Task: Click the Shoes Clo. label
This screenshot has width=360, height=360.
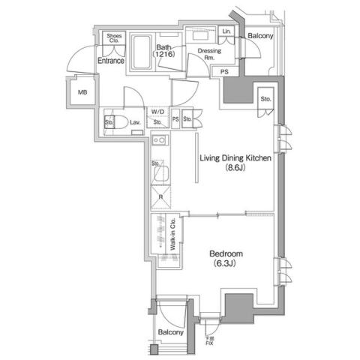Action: coord(115,39)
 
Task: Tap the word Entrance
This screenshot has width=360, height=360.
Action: coord(110,61)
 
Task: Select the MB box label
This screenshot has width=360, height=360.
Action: coord(82,93)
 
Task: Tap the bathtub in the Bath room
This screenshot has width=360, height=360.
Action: coord(142,52)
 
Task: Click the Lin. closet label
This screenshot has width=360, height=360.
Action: coord(227,31)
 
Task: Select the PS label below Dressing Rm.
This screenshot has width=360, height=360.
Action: coord(224,72)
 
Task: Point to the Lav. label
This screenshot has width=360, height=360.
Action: coord(136,121)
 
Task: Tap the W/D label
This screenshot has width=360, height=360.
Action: coord(157,112)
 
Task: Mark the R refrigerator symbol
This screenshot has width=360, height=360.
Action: coord(160,197)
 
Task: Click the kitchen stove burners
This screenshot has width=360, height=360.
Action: coord(158,140)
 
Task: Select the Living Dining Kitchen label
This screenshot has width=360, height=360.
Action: coord(234,158)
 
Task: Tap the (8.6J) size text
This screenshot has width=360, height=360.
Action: coord(235,169)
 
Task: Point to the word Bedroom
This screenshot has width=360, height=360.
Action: coord(226,254)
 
